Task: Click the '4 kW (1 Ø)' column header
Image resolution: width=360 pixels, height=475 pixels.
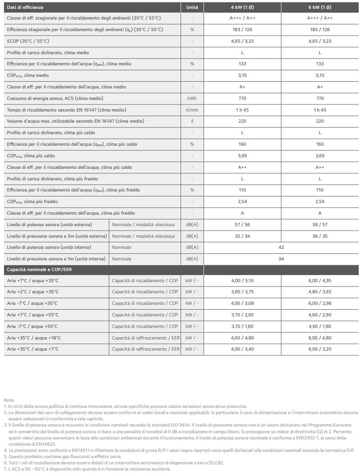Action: click(x=242, y=8)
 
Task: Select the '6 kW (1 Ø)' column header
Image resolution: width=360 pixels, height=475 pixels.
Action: click(x=320, y=8)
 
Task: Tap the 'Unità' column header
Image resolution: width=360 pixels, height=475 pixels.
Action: click(x=192, y=8)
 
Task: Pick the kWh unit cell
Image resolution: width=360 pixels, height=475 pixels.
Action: click(x=192, y=98)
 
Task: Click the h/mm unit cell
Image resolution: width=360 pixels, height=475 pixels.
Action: click(x=192, y=110)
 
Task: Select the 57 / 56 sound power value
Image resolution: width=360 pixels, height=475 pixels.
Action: click(x=242, y=224)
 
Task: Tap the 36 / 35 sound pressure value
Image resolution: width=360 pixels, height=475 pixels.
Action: click(x=320, y=236)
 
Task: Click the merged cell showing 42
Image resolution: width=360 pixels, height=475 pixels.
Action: click(x=281, y=247)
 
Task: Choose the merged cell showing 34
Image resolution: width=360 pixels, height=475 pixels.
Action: click(x=281, y=259)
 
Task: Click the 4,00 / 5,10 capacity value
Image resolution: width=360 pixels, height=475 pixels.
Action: click(x=242, y=280)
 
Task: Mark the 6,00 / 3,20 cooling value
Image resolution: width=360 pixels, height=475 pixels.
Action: click(x=320, y=349)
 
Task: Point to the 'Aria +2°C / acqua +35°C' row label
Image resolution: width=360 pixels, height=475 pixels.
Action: click(x=33, y=292)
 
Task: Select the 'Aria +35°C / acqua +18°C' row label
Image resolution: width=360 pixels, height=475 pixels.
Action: click(x=34, y=338)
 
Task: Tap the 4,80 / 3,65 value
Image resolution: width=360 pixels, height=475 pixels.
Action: click(x=320, y=292)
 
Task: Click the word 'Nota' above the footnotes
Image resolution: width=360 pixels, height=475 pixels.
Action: click(x=8, y=400)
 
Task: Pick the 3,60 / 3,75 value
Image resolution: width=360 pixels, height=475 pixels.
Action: click(x=242, y=292)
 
